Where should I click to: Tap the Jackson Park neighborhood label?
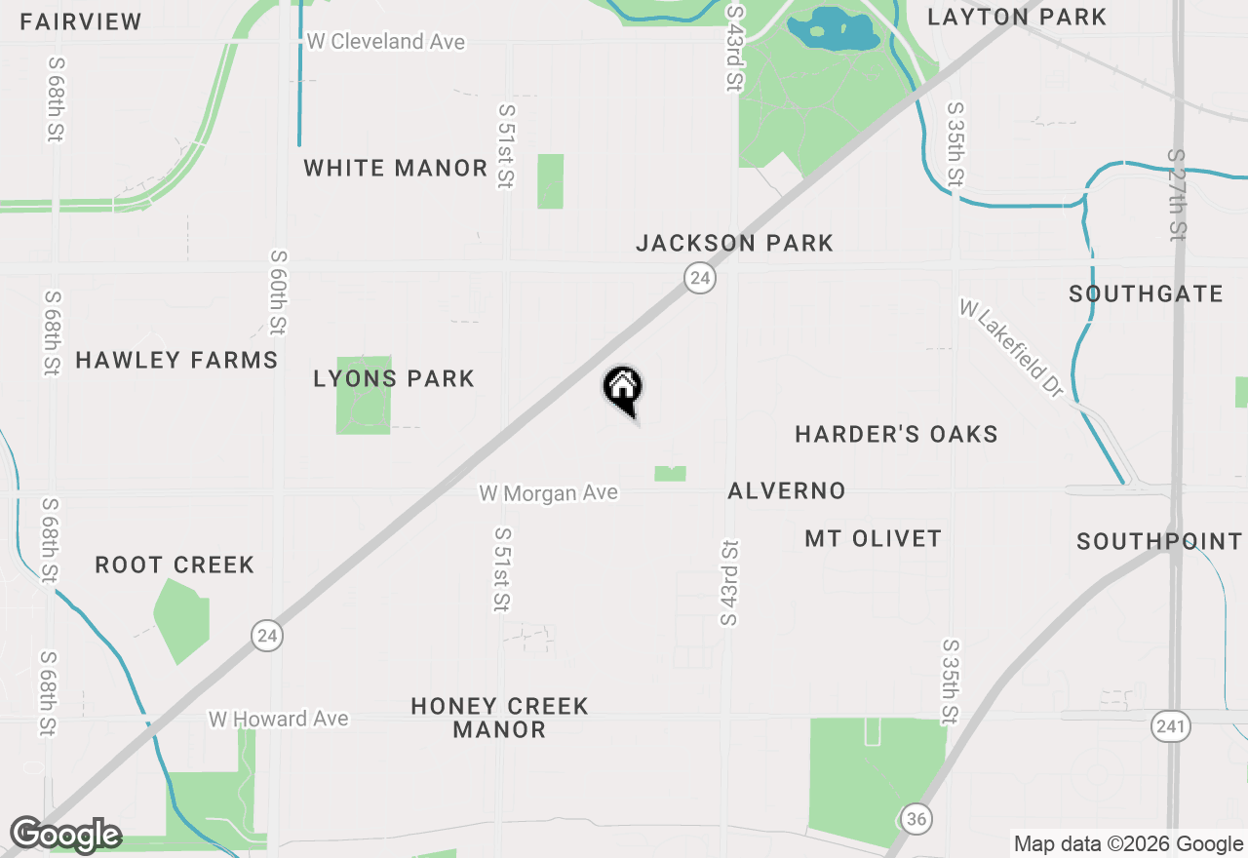tap(734, 243)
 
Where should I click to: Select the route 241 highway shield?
tap(1169, 725)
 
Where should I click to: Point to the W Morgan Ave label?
tap(548, 493)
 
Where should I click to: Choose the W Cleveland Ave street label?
tap(385, 42)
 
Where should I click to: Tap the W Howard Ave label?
tap(278, 719)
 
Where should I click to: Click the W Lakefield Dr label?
tap(1010, 348)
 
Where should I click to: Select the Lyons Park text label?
tap(394, 378)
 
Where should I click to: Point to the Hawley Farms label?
tap(176, 360)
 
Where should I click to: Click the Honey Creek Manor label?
tap(499, 718)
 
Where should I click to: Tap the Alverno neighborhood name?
tap(786, 490)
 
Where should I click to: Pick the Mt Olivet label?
tap(873, 538)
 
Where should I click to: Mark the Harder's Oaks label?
tap(896, 434)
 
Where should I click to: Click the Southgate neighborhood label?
tap(1146, 294)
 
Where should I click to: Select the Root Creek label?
tap(175, 565)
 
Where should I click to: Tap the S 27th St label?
tap(1177, 194)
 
